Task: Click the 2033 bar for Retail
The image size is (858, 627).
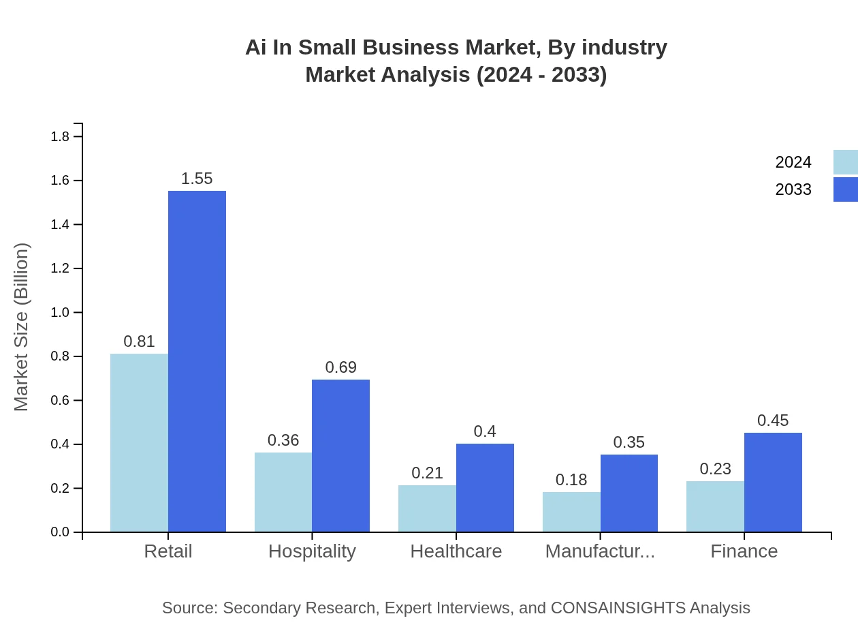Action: point(197,361)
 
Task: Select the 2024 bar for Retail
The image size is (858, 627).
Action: point(139,442)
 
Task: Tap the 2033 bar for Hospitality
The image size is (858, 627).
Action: point(340,455)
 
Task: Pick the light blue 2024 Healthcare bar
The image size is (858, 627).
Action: point(427,508)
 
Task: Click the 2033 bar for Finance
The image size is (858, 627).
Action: point(773,482)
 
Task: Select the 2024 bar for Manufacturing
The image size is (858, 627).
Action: point(571,512)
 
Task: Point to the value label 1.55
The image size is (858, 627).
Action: point(197,179)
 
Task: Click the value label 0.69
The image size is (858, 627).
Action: point(340,367)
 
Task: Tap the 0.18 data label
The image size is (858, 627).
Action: point(571,480)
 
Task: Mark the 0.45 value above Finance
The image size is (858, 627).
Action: point(773,420)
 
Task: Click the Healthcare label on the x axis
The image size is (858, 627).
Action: point(456,551)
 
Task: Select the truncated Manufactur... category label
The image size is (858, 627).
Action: point(600,551)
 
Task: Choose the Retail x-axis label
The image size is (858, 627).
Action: point(168,551)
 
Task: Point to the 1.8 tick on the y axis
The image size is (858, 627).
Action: point(60,137)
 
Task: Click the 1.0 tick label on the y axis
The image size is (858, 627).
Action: point(60,313)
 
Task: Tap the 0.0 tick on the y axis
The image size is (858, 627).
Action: point(60,532)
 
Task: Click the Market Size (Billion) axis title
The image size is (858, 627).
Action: point(22,327)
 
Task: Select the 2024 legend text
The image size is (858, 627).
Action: point(793,162)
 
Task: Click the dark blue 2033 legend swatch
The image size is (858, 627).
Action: point(845,189)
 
